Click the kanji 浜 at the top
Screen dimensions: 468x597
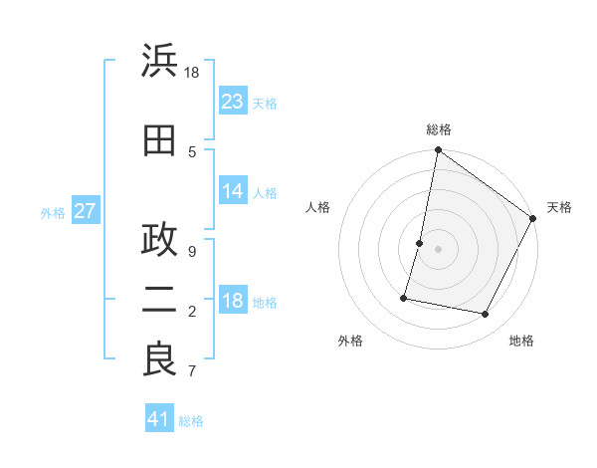tap(159, 61)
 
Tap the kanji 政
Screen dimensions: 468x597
tap(159, 240)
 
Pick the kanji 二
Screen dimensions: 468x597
tap(159, 301)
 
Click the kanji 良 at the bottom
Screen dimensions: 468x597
tap(159, 359)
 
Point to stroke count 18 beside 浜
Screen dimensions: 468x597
tap(192, 73)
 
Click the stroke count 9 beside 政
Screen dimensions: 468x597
tap(192, 251)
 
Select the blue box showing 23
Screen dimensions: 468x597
tap(233, 101)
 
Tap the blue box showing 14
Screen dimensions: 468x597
tap(233, 191)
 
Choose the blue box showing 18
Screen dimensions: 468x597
tap(233, 302)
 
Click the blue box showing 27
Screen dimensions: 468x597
tap(85, 211)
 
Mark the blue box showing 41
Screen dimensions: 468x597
tap(159, 419)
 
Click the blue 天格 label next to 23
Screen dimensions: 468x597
tap(265, 103)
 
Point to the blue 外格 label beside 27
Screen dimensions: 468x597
tap(53, 213)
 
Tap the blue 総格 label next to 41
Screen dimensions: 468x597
tap(191, 421)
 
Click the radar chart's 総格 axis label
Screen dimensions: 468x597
tap(439, 129)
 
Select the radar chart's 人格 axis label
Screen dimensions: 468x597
tap(318, 207)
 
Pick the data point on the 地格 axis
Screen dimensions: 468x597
tap(486, 315)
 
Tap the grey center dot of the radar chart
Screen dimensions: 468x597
tap(438, 249)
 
